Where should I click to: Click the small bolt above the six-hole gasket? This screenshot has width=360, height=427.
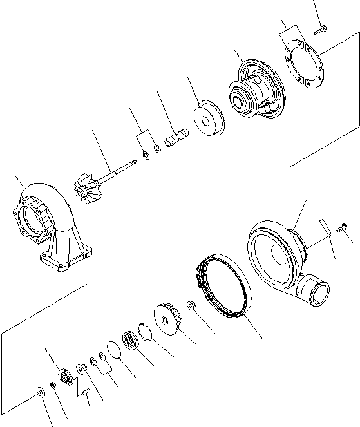pyautogui.click(x=321, y=27)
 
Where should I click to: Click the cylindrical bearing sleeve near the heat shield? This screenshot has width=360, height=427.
pyautogui.click(x=175, y=140)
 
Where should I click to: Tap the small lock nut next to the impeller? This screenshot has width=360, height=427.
pyautogui.click(x=191, y=305)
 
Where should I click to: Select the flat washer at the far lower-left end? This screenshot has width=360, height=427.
pyautogui.click(x=42, y=391)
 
